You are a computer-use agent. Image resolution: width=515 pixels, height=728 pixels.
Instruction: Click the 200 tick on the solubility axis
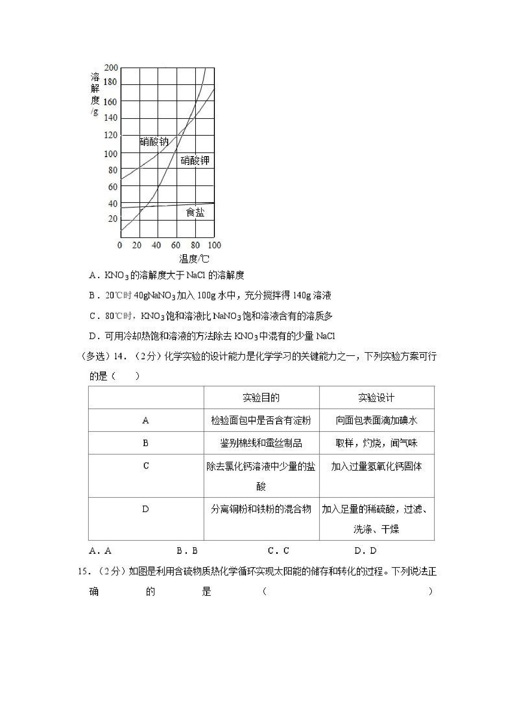111,68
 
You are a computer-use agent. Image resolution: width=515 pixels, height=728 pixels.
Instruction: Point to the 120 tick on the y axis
111,135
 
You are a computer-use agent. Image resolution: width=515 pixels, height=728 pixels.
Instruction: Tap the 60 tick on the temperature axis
176,245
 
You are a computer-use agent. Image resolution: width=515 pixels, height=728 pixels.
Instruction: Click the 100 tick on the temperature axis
214,245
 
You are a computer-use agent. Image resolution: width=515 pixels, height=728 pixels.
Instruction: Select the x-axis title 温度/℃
194,259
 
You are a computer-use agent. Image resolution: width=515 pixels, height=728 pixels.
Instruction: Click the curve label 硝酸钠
154,142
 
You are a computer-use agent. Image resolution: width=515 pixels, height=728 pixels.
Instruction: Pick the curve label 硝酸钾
195,161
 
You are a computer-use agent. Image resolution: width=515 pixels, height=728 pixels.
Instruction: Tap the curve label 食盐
195,212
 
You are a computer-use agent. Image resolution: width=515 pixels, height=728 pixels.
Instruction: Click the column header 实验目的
261,398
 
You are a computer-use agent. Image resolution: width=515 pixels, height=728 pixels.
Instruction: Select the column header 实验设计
376,398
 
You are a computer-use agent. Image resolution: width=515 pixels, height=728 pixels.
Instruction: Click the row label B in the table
146,443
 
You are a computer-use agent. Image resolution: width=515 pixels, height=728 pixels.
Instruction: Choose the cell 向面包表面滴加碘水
376,420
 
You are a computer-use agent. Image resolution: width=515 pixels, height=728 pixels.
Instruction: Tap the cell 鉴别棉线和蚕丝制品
261,443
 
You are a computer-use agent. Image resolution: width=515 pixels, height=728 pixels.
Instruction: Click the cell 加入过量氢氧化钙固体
376,466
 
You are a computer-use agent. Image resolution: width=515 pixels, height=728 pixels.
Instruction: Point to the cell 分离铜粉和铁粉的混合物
261,509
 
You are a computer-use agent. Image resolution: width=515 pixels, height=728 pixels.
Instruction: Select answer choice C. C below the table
278,551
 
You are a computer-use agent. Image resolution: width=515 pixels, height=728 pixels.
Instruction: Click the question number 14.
120,357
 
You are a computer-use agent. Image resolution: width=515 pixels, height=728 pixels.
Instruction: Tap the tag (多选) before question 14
93,357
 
